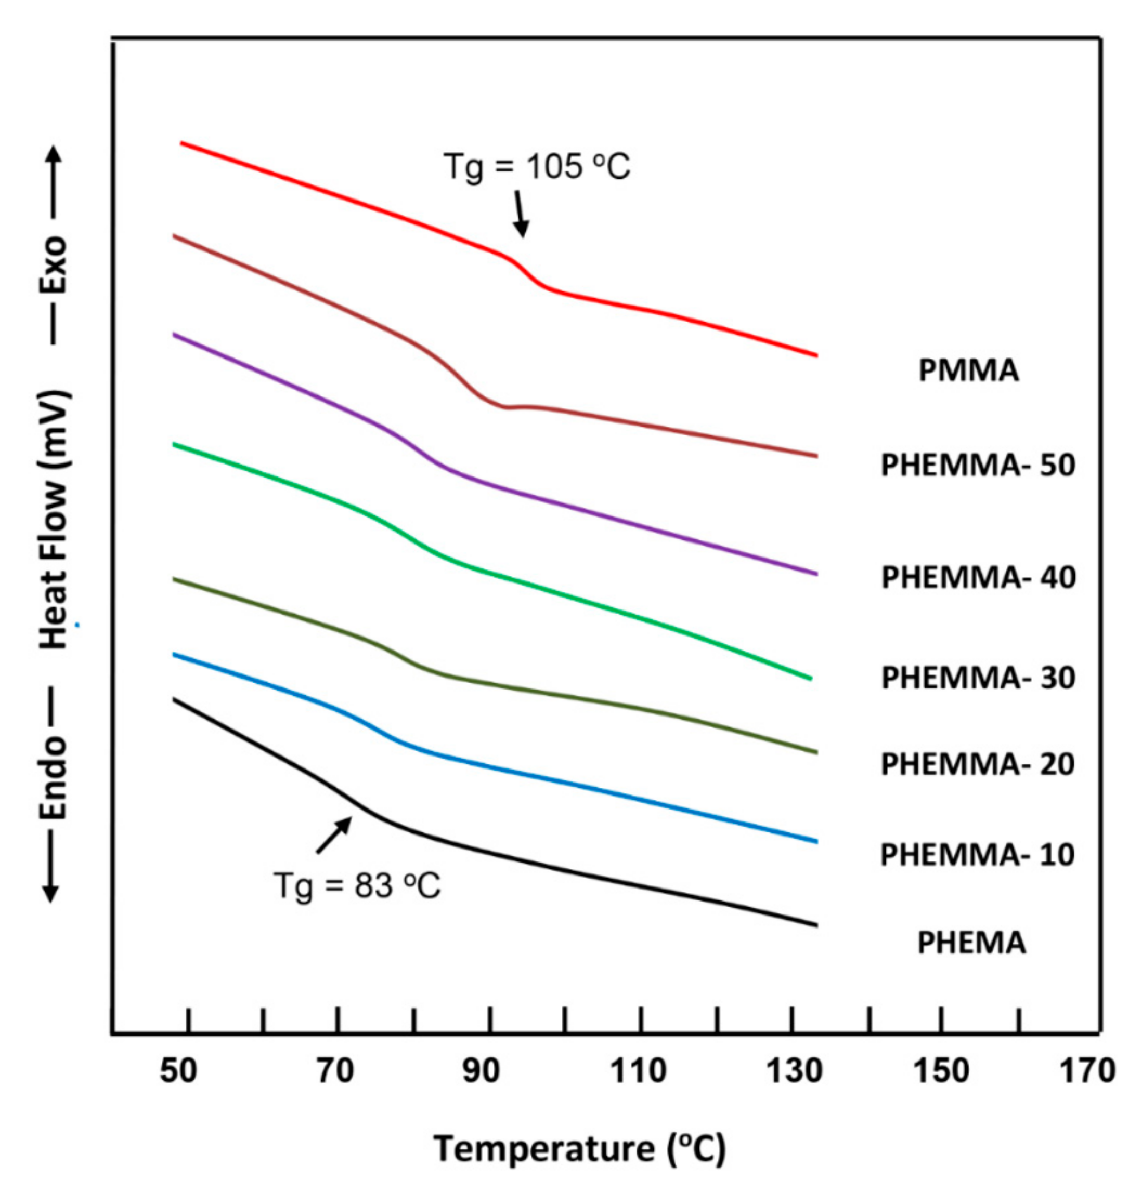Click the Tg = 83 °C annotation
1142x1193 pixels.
(x=357, y=885)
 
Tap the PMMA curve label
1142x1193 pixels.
(x=968, y=370)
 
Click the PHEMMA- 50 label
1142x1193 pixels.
(x=978, y=465)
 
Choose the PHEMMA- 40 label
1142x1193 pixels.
(x=978, y=577)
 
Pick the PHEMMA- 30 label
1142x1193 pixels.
(x=978, y=677)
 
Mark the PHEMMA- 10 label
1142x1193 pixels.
(x=978, y=855)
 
